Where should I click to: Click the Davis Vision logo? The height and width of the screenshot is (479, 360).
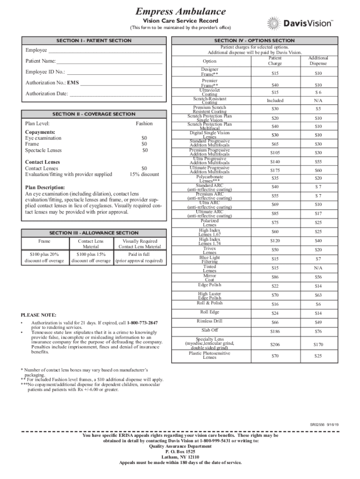coord(299,23)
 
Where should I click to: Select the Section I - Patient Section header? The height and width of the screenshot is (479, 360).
coord(94,41)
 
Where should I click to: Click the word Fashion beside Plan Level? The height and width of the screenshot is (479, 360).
coord(144,123)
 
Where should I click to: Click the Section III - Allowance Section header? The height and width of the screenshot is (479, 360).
coord(94,232)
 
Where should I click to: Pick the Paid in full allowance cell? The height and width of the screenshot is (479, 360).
coord(139,254)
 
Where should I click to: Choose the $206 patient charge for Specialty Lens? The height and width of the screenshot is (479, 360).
coord(275,344)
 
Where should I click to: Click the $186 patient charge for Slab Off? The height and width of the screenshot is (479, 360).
coord(275,331)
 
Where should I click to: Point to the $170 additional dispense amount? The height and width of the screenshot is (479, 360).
coord(318,344)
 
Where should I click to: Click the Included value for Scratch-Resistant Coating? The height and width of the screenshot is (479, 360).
coord(275,100)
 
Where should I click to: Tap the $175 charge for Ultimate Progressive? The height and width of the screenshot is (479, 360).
coord(275,170)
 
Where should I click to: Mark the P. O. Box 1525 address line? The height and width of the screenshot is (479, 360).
coord(180,452)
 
